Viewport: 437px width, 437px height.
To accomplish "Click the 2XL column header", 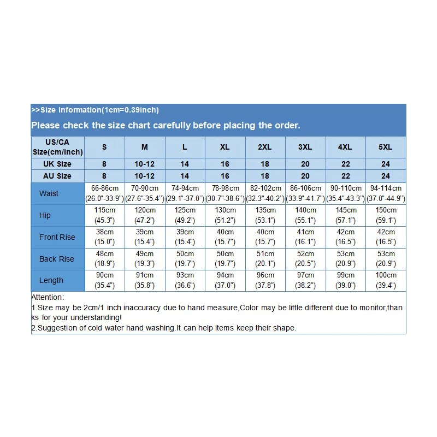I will pyautogui.click(x=265, y=147).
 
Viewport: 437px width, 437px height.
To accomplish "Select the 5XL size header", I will pyautogui.click(x=386, y=147).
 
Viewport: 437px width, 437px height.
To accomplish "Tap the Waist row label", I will pyautogui.click(x=49, y=193).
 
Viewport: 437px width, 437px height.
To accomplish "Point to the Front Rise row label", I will pyautogui.click(x=57, y=237).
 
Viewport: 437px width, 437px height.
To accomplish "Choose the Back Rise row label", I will pyautogui.click(x=57, y=259).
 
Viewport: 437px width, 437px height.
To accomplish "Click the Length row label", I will pyautogui.click(x=51, y=280).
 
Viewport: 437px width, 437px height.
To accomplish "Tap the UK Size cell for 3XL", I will pyautogui.click(x=305, y=164).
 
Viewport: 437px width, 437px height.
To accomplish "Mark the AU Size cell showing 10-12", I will pyautogui.click(x=145, y=176).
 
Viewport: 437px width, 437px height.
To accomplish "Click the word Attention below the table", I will pyautogui.click(x=48, y=298).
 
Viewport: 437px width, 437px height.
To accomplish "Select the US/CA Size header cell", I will pyautogui.click(x=57, y=147).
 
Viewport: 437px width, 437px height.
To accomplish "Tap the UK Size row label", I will pyautogui.click(x=57, y=164).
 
